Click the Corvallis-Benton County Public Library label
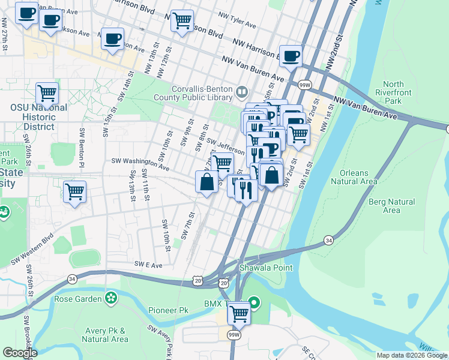(202, 92)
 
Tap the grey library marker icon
(242, 92)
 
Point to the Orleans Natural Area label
(358, 177)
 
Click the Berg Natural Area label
(391, 206)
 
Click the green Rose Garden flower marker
(111, 298)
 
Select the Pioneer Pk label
(169, 310)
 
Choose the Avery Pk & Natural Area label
(105, 335)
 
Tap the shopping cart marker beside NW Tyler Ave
(182, 21)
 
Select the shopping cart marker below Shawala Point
(239, 313)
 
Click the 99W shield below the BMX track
(234, 335)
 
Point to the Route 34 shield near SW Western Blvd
(73, 278)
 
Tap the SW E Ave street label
(148, 264)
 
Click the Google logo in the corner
(20, 353)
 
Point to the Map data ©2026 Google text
(412, 355)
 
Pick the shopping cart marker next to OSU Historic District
(47, 94)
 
